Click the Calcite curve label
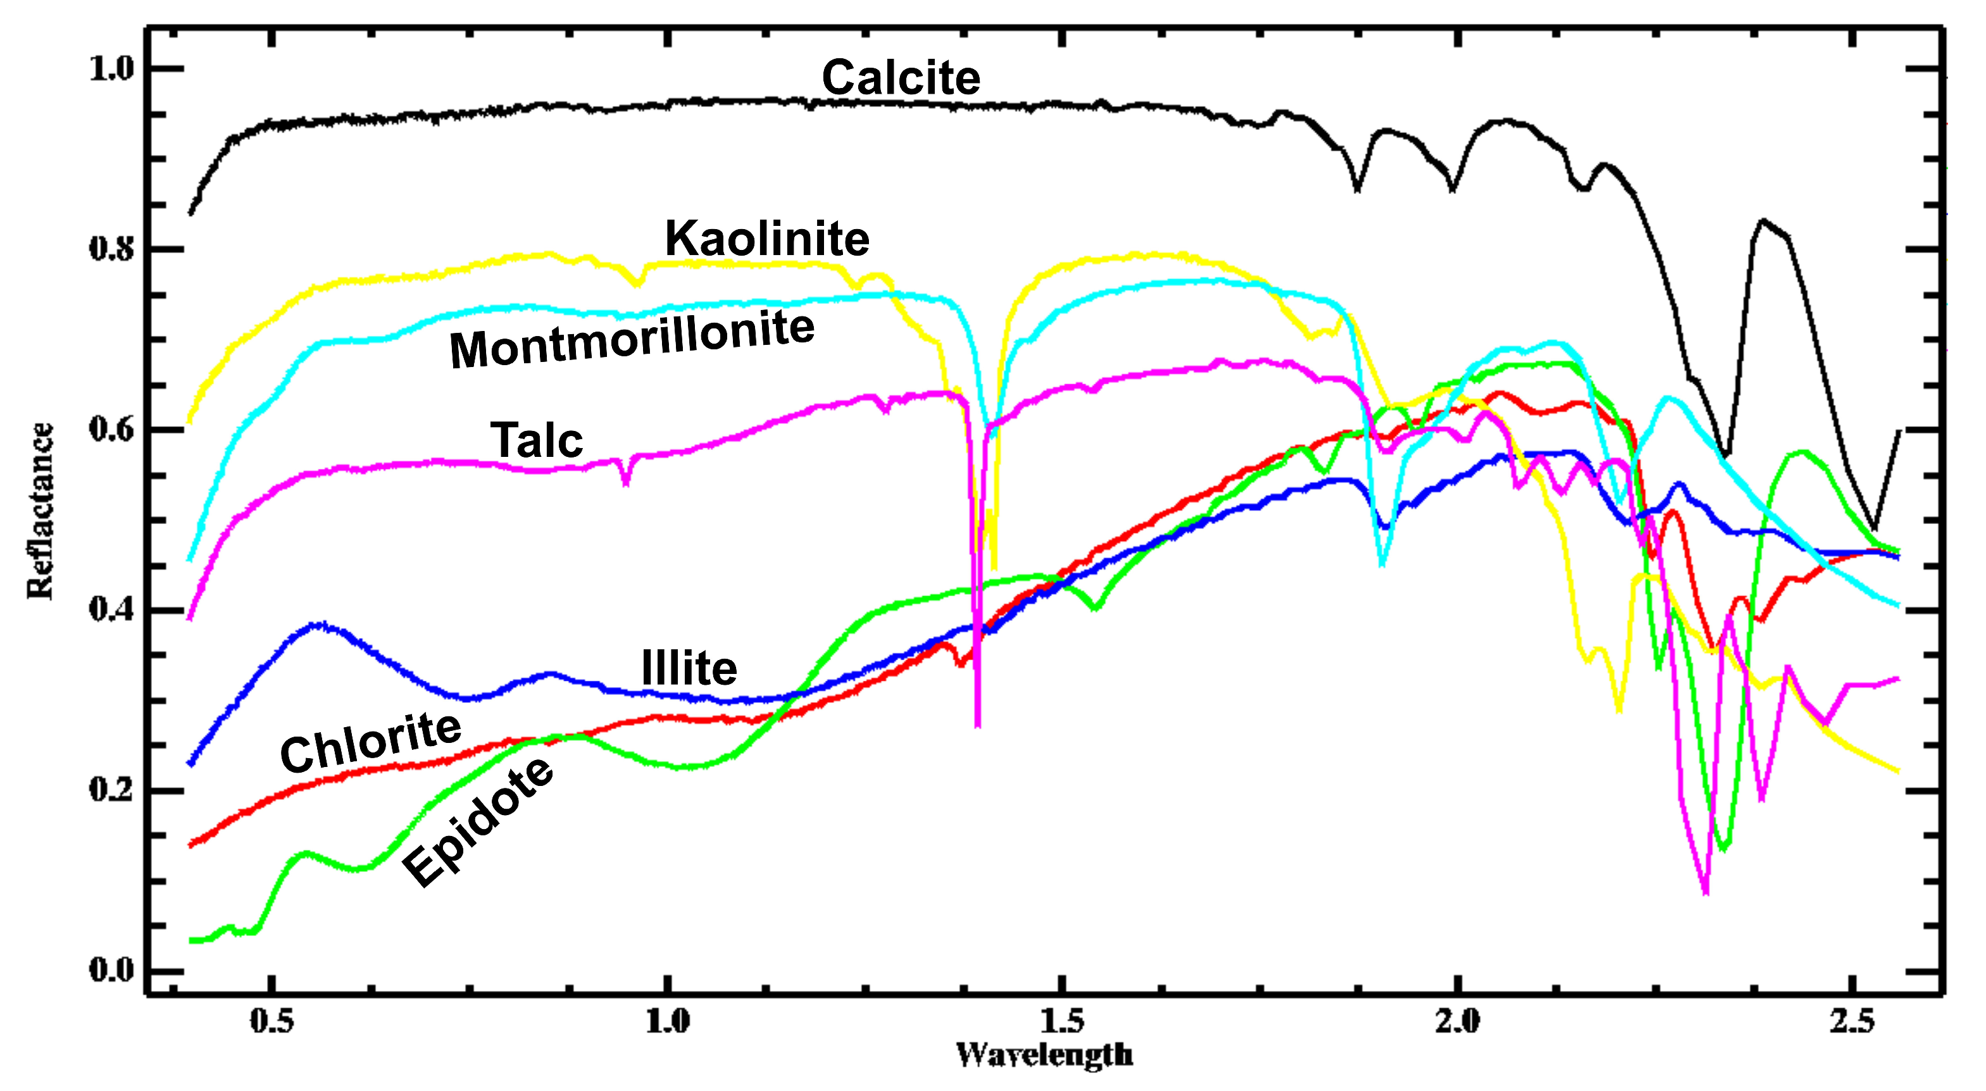(901, 78)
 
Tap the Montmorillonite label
(632, 339)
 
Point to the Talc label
(537, 440)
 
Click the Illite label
(689, 668)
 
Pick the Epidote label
(478, 823)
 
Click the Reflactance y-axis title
(40, 511)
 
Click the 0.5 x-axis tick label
(272, 1021)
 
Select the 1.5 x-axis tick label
(1061, 1021)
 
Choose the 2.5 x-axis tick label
(1852, 1021)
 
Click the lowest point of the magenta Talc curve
(1706, 893)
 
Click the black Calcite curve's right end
(1897, 431)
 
